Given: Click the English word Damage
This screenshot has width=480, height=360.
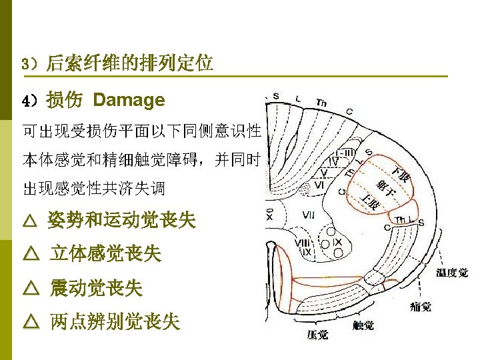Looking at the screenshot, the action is coord(129,101).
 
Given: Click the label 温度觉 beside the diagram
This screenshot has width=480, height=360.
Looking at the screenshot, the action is coord(451,273).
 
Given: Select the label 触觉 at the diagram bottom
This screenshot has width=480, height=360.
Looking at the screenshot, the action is coord(363,326).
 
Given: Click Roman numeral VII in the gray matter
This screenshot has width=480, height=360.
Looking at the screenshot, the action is coord(309,215).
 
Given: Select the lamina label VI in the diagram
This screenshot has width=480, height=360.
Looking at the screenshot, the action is coord(319,184).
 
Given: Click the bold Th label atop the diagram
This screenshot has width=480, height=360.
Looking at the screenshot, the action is coord(321,103).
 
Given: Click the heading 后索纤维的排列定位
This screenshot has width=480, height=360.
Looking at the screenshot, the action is coord(129,64).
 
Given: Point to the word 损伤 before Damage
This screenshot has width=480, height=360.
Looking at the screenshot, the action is coord(65,101).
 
